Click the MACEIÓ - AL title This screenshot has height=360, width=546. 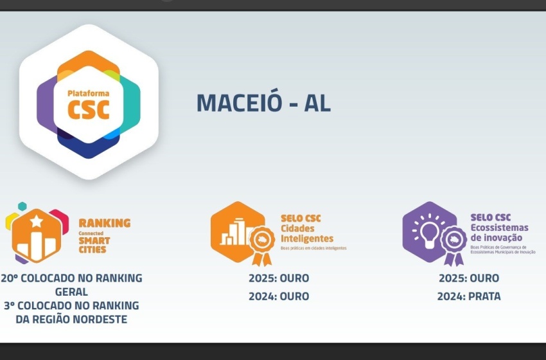pos(263,103)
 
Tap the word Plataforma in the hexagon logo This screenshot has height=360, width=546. pos(88,94)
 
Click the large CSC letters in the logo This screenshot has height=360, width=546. pos(89,109)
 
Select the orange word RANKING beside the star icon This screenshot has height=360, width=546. pos(104,223)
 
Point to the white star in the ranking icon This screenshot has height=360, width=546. pos(37,222)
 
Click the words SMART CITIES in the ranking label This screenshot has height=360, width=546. pos(94,245)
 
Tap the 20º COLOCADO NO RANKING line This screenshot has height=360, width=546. pos(71,278)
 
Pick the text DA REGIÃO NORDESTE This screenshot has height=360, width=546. pos(71,319)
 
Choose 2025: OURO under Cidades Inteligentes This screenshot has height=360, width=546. pos(279,278)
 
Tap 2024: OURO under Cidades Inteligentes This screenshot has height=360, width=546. pos(279,296)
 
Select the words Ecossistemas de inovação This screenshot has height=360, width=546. pos(499,233)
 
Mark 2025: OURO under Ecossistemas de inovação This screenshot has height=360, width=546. pos(469,278)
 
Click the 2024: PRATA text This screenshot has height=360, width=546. pos(469,296)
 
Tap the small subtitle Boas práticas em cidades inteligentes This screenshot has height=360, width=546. pos(313,248)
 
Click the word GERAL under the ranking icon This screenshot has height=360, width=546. pos(71,292)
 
